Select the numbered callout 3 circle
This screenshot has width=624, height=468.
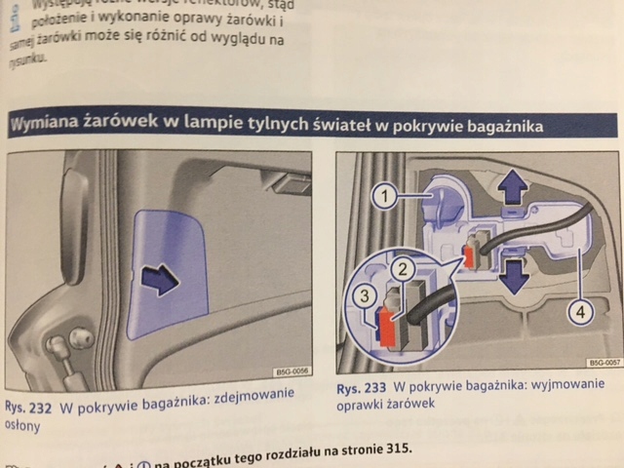(x=362, y=295)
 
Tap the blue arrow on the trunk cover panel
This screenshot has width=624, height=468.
(x=158, y=281)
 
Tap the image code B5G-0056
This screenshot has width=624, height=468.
(x=290, y=370)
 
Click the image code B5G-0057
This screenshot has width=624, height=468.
(x=603, y=361)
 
